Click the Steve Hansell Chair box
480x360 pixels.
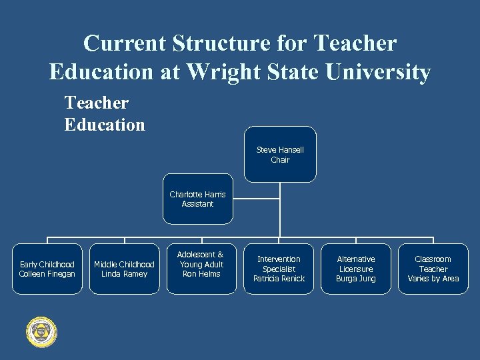280,155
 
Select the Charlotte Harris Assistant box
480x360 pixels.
197,199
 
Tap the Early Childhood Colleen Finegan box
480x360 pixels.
47,269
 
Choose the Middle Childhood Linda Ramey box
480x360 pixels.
124,269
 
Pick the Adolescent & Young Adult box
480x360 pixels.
201,264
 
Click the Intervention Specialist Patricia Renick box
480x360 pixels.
279,269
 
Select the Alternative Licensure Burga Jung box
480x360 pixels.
356,269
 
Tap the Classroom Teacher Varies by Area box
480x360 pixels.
433,269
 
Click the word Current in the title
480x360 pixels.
125,43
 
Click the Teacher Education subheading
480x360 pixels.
105,114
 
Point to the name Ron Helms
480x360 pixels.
201,274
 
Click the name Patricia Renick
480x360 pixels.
279,279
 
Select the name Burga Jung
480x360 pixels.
356,279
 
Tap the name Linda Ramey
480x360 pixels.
124,274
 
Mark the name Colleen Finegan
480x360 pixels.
47,274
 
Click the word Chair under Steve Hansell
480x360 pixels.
280,160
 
